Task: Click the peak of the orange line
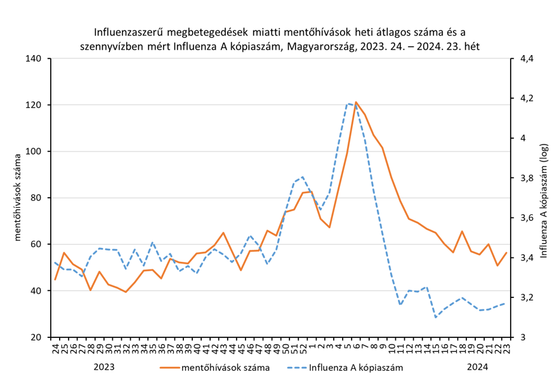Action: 356,102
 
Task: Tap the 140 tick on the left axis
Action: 33,59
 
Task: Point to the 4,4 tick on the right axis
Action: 526,59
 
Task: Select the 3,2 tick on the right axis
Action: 526,297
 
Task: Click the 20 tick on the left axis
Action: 36,337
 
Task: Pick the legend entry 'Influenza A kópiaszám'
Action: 355,367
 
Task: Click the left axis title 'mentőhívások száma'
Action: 17,198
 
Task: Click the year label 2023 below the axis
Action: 104,366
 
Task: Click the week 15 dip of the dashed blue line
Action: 436,316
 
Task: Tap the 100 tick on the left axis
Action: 33,152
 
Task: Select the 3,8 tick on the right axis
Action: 526,178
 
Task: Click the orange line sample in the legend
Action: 168,367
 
